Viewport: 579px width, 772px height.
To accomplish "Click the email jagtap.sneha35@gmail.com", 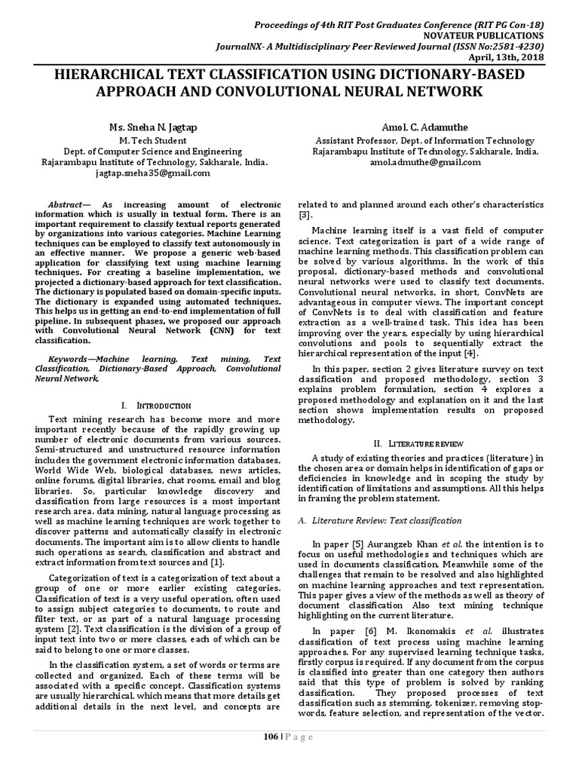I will coord(152,173).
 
